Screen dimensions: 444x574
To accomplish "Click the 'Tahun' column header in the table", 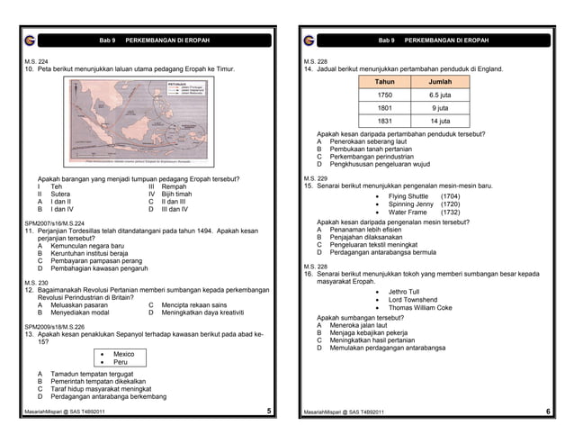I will pyautogui.click(x=384, y=81).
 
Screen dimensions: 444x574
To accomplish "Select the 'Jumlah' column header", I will pyautogui.click(x=439, y=81).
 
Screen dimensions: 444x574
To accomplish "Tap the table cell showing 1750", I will pyautogui.click(x=384, y=95).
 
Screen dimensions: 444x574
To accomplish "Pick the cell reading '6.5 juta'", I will pyautogui.click(x=439, y=95).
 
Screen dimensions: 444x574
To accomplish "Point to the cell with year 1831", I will pyautogui.click(x=384, y=121).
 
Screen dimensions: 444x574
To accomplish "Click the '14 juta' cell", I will pyautogui.click(x=439, y=121).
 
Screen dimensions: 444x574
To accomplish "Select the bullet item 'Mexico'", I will pyautogui.click(x=123, y=354).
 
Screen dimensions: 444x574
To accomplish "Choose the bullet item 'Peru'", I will pyautogui.click(x=120, y=362).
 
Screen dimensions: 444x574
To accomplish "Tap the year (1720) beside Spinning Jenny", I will pyautogui.click(x=450, y=204).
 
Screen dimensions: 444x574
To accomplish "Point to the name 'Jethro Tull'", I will pyautogui.click(x=403, y=292).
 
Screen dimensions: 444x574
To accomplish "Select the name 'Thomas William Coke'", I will pyautogui.click(x=420, y=308).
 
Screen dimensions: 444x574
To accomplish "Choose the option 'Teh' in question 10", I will pyautogui.click(x=57, y=186).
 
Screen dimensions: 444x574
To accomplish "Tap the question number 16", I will pyautogui.click(x=309, y=274).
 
